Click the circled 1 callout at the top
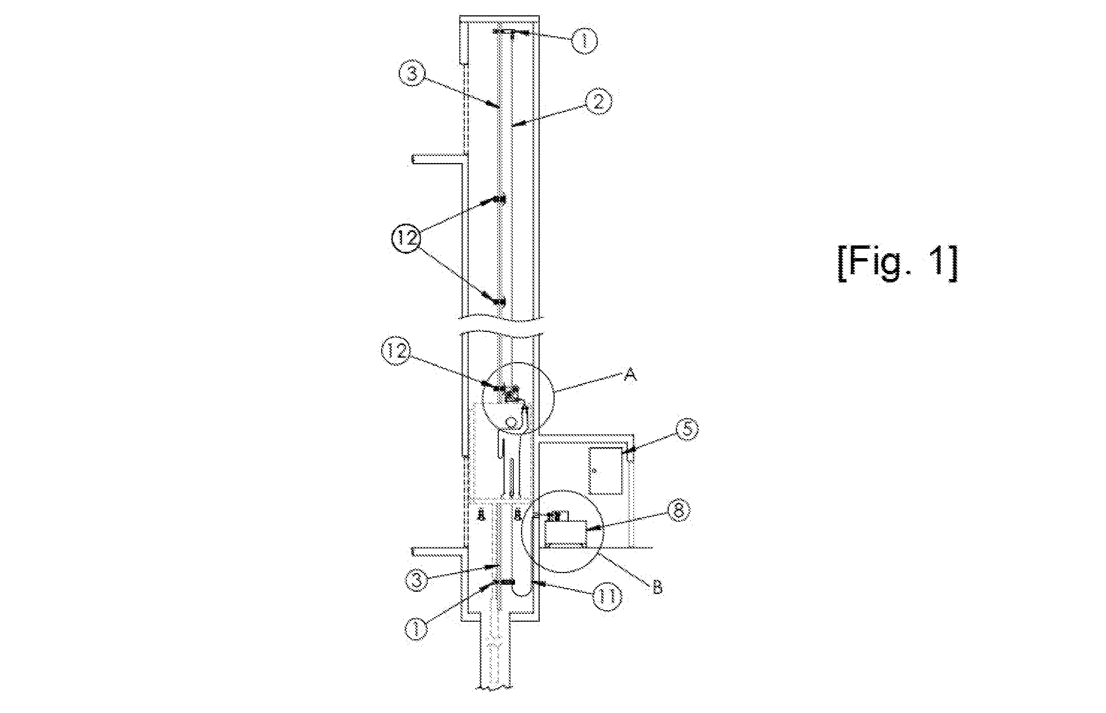pos(584,41)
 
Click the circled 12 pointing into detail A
pos(395,352)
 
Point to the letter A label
pos(629,376)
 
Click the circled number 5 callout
pos(687,429)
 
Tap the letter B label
pos(658,588)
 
